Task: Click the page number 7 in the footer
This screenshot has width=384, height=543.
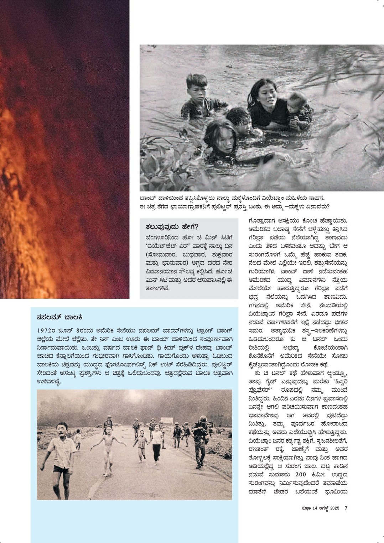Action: point(346,508)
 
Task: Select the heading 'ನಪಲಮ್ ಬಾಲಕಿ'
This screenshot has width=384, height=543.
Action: point(60,317)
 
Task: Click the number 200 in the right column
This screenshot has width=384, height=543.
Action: point(305,475)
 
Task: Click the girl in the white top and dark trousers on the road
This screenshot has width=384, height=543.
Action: point(156,443)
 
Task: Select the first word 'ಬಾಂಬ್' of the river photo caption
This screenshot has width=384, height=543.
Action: point(147,198)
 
